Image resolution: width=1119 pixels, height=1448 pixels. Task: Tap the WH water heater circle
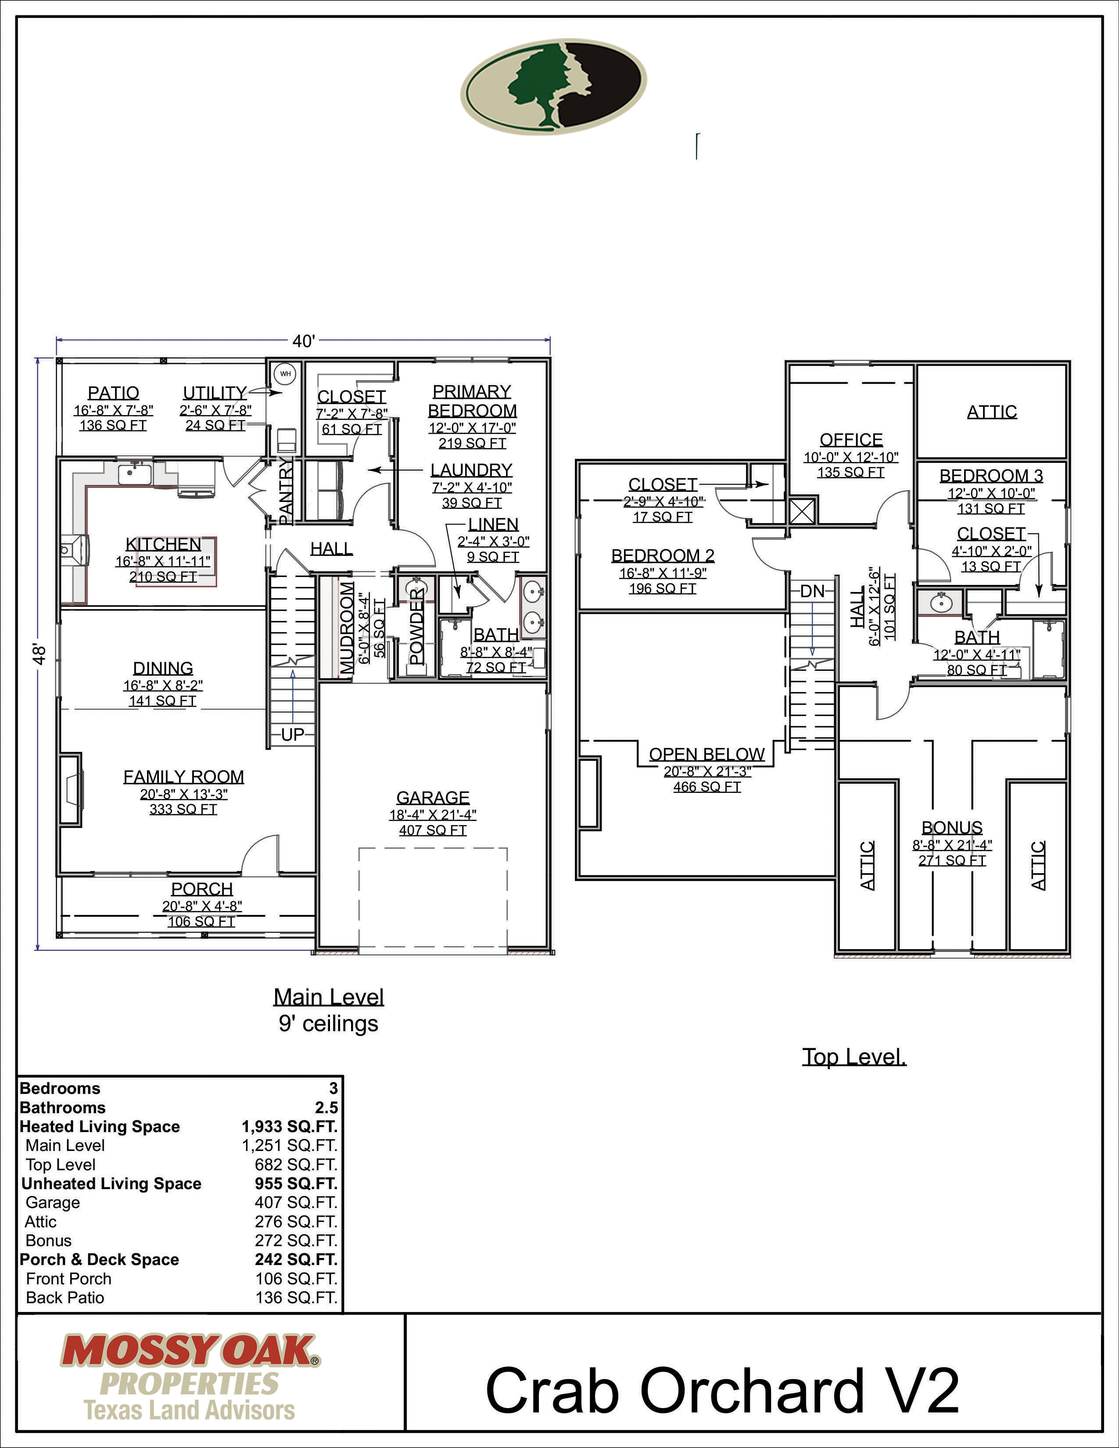click(285, 374)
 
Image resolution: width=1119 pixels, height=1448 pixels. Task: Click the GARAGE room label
click(433, 798)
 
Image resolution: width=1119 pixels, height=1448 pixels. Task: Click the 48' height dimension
click(40, 654)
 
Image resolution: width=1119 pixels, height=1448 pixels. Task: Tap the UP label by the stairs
click(292, 735)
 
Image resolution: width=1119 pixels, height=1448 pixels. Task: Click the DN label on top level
click(812, 591)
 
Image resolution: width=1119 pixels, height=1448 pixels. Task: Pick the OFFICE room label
click(851, 440)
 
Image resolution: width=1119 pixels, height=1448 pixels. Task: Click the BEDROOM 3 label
click(991, 475)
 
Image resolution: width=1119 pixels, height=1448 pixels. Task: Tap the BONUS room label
click(952, 828)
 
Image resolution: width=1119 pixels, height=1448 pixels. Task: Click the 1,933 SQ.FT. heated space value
click(289, 1126)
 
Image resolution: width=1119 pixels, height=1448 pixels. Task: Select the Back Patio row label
click(65, 1297)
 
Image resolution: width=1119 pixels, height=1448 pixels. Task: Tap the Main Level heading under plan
click(329, 997)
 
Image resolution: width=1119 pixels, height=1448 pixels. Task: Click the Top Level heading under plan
click(854, 1056)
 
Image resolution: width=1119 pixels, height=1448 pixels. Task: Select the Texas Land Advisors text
click(190, 1410)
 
